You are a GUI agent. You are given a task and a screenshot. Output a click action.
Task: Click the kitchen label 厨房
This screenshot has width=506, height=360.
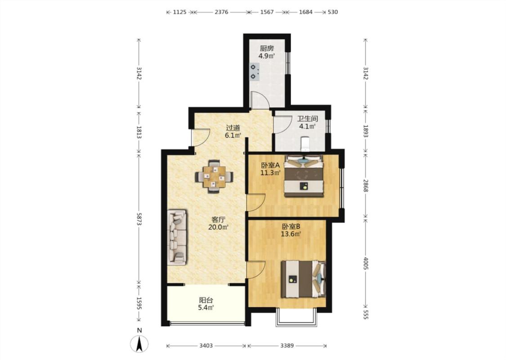point(267,49)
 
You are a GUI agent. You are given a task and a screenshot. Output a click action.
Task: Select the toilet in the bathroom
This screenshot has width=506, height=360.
point(304,144)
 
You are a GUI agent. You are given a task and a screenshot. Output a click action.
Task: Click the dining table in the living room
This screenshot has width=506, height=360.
point(214,176)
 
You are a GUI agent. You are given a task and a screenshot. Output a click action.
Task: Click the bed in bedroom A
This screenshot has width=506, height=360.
point(304,176)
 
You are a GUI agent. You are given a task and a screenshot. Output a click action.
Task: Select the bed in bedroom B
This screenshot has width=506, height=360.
point(303,279)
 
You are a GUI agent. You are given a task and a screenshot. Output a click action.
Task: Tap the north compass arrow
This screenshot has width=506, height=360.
point(139,344)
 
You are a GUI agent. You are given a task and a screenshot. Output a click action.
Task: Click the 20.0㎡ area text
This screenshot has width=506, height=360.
point(218,227)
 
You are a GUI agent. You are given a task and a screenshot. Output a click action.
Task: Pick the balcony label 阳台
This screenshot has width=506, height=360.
point(206,300)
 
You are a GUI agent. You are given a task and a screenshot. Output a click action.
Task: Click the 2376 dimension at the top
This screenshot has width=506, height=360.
point(221,12)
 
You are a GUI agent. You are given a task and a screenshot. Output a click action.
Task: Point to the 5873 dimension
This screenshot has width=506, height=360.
point(139,219)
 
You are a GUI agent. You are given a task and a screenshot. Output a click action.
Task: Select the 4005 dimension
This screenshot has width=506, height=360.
point(366,263)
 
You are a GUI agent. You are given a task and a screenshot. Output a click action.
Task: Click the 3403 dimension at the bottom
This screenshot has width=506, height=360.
point(206,346)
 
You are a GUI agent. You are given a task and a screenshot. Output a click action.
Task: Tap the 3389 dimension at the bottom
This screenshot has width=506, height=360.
point(287,346)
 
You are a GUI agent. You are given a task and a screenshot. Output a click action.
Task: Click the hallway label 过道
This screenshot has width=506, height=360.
point(233,128)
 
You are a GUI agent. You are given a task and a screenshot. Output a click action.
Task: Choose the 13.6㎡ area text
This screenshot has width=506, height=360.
point(291,234)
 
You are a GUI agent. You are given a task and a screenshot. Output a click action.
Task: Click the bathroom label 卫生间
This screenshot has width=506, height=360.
point(308,118)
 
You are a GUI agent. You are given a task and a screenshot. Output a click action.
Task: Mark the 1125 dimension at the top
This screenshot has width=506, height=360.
point(180,12)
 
